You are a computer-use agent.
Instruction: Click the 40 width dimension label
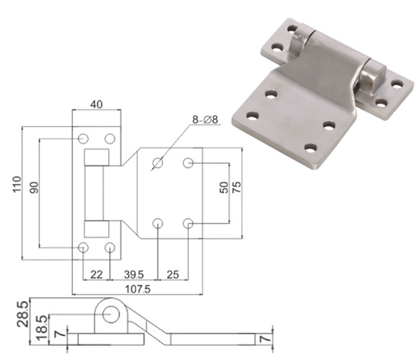click(x=96, y=104)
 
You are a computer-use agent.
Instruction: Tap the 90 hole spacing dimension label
click(x=34, y=188)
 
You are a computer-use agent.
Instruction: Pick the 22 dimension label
click(x=97, y=274)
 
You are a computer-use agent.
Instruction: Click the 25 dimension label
click(x=173, y=274)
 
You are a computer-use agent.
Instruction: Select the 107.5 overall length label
click(x=136, y=289)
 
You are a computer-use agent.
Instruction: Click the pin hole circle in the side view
click(x=110, y=314)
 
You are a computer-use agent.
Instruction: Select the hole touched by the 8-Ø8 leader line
click(x=157, y=164)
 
